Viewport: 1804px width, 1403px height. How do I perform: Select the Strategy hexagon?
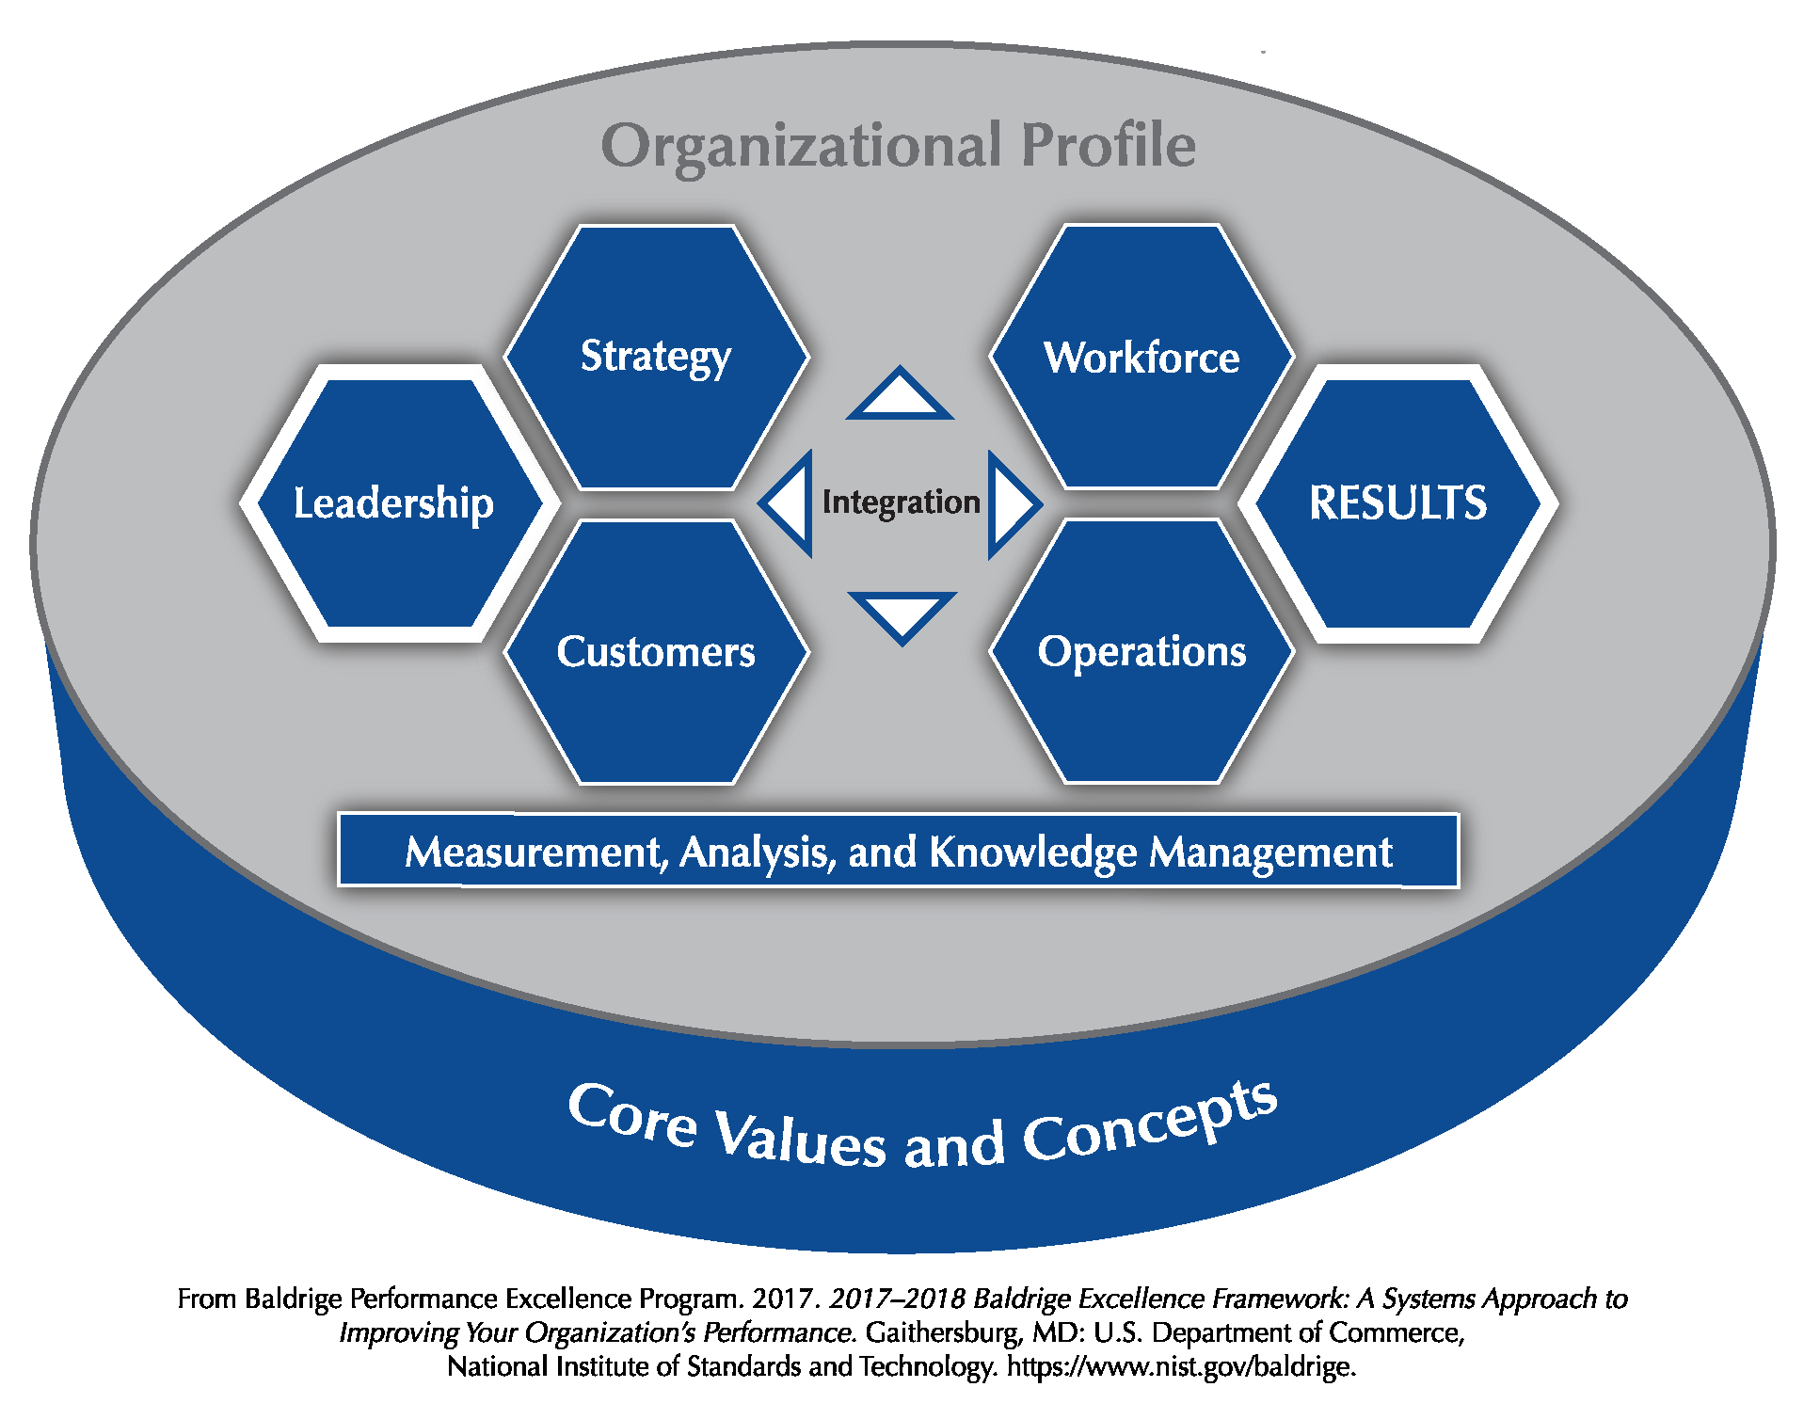point(656,358)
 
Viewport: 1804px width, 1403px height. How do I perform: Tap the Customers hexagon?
point(656,651)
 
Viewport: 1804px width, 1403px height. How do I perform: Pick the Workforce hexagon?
point(1141,357)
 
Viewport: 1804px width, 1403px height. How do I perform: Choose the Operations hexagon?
point(1141,650)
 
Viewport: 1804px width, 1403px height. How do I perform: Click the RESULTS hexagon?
point(1398,503)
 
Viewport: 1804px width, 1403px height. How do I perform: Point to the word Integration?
point(902,502)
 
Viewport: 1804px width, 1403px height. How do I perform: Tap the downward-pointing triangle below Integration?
point(902,616)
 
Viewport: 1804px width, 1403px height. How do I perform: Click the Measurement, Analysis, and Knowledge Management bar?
point(899,851)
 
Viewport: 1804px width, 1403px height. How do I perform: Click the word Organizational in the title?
point(802,146)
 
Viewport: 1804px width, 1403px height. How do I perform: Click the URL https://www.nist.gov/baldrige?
point(1181,1366)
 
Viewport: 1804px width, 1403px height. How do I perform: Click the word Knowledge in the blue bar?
point(1033,853)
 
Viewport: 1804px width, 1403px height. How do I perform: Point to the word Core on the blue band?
point(632,1115)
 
